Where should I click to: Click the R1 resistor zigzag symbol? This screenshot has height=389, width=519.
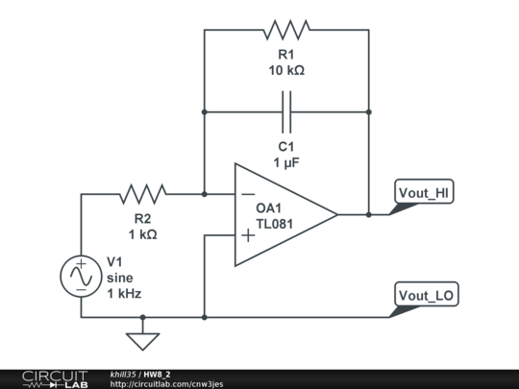(x=286, y=29)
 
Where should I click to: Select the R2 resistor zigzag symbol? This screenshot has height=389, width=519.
(x=142, y=194)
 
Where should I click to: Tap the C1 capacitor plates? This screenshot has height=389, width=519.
(x=286, y=111)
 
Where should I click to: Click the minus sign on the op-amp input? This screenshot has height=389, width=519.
(x=248, y=194)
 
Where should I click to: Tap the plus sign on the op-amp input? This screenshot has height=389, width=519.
(x=248, y=234)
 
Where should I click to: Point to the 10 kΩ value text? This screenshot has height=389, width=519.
(x=285, y=70)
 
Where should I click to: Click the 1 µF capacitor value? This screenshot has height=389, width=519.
(x=285, y=162)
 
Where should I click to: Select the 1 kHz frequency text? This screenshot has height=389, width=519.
(x=124, y=293)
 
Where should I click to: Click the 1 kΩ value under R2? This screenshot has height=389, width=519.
(x=142, y=234)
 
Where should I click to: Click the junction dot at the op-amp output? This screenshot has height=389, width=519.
(x=368, y=214)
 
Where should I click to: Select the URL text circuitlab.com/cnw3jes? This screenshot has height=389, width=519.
(x=165, y=384)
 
